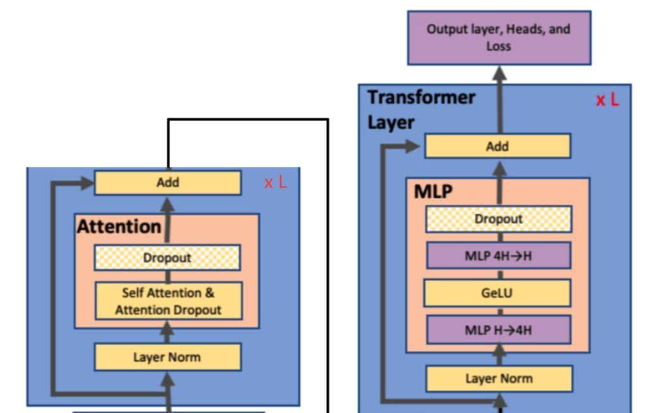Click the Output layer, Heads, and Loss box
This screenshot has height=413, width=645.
499,37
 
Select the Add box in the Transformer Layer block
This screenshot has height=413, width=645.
497,146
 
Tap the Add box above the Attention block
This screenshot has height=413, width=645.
168,183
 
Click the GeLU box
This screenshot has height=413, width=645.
498,293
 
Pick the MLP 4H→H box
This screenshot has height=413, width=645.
498,256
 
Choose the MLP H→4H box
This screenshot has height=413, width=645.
498,330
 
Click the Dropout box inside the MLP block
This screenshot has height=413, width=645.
498,219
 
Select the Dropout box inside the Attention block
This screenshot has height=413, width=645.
167,257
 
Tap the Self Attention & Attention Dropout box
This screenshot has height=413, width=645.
168,302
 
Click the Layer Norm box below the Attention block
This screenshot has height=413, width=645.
167,357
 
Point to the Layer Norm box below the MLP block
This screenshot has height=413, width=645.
499,379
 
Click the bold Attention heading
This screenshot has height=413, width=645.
119,226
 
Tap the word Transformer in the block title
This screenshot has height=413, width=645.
421,97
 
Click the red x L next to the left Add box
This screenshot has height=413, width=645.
275,183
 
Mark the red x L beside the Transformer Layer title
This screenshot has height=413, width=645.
607,100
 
